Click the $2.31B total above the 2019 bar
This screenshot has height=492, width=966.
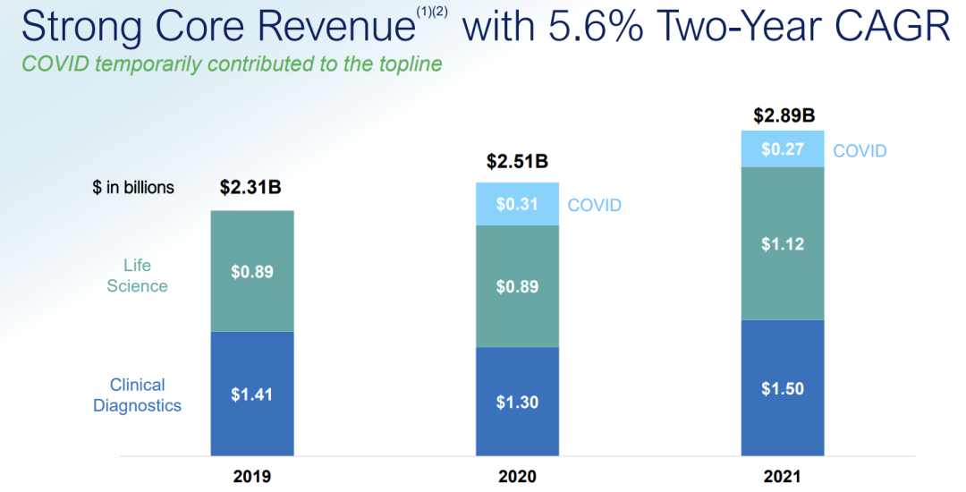tap(252, 189)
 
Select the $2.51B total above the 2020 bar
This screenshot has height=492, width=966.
tap(517, 162)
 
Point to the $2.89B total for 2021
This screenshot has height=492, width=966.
tap(784, 115)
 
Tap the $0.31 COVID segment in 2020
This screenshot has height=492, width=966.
tap(518, 205)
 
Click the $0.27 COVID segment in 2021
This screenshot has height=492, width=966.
tap(783, 149)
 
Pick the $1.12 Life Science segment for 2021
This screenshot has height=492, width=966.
tap(783, 243)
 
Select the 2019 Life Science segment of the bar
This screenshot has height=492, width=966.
tap(252, 271)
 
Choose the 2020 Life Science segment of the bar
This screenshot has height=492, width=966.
tap(518, 286)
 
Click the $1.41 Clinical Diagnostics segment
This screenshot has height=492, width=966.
tap(252, 394)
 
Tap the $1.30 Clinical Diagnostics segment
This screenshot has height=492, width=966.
tap(518, 402)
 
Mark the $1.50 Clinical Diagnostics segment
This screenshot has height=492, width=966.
tap(783, 387)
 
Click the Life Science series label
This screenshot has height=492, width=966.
tap(137, 276)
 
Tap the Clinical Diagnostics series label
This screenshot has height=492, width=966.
tap(137, 395)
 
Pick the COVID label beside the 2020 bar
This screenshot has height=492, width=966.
tap(595, 206)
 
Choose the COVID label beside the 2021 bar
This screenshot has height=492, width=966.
tap(860, 150)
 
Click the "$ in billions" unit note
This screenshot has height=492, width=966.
tap(134, 188)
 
